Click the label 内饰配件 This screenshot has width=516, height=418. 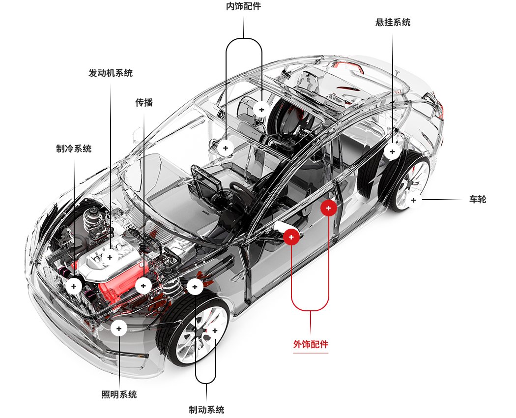point(243,7)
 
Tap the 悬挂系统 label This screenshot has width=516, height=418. point(392,22)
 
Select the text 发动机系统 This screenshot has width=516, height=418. point(111,73)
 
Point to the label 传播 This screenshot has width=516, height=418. point(144,103)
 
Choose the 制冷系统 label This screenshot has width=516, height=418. point(74,149)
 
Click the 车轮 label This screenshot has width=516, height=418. point(477,200)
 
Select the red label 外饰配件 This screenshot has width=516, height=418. point(311,344)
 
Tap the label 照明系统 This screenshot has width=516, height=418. point(119,394)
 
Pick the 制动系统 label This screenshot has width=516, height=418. point(206,410)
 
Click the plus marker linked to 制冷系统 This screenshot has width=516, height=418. point(74,285)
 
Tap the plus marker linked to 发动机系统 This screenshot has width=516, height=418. point(110,257)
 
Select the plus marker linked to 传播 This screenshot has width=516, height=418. point(143,285)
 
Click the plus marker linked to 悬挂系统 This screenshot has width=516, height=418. point(392,151)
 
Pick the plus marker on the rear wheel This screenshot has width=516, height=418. point(413,200)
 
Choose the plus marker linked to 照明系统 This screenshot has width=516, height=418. point(119,328)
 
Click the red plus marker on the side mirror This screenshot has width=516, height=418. point(291,237)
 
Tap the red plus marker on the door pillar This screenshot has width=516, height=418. point(328,208)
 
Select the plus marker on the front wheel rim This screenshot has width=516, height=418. point(214,330)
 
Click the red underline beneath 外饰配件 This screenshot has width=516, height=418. point(311,353)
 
